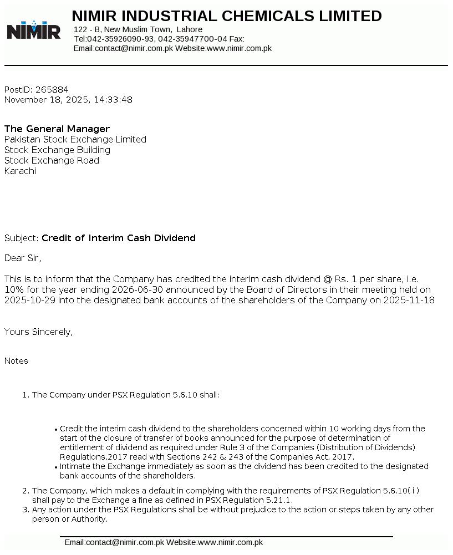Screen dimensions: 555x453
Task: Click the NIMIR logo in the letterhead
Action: [x=33, y=30]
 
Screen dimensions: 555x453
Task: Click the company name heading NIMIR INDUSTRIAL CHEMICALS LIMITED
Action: [x=227, y=16]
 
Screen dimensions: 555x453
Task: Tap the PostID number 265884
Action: [x=52, y=89]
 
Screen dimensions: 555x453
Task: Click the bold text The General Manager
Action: [x=57, y=129]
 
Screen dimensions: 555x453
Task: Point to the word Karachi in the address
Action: [x=20, y=171]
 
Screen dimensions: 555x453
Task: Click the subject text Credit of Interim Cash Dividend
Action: [x=119, y=238]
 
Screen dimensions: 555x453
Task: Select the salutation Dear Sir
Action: [x=22, y=258]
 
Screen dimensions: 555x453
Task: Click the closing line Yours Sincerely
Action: [x=38, y=332]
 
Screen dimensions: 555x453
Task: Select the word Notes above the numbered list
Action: [x=16, y=361]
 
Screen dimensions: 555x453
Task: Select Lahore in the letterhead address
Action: [x=189, y=29]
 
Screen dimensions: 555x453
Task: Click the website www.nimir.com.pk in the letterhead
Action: [x=239, y=48]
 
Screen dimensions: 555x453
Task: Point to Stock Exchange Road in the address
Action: [x=52, y=160]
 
